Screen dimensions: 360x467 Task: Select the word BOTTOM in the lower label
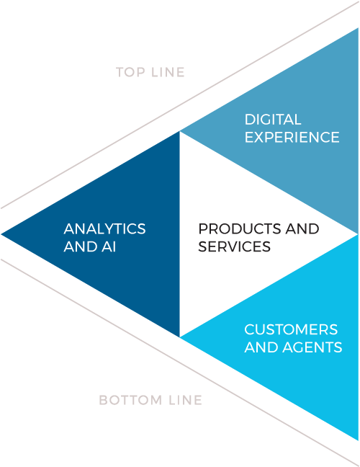[x=131, y=400]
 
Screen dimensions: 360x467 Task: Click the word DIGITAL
[x=273, y=120]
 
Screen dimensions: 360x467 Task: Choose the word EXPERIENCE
[x=292, y=138]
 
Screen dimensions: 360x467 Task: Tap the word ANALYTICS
[x=104, y=228]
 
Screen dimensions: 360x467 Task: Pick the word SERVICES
[x=235, y=246]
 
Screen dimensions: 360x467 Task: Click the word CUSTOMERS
[x=291, y=329]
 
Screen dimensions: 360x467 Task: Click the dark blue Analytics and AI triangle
[x=120, y=234]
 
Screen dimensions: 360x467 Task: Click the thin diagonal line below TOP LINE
[x=180, y=105]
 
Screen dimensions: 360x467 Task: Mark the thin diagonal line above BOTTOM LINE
[x=180, y=363]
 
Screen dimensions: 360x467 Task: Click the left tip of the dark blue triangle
[x=1, y=234]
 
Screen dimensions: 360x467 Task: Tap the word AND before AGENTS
[x=262, y=347]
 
